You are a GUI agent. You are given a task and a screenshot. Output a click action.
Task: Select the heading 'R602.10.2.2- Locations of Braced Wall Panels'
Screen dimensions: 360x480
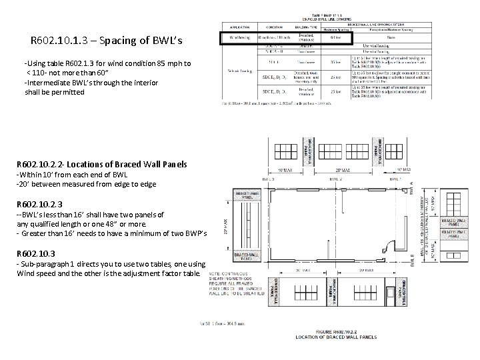(x=102, y=164)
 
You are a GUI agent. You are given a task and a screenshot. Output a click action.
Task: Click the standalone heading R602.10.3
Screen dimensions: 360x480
(x=41, y=254)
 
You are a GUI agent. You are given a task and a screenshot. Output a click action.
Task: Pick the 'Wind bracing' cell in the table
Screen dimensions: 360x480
(x=238, y=39)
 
